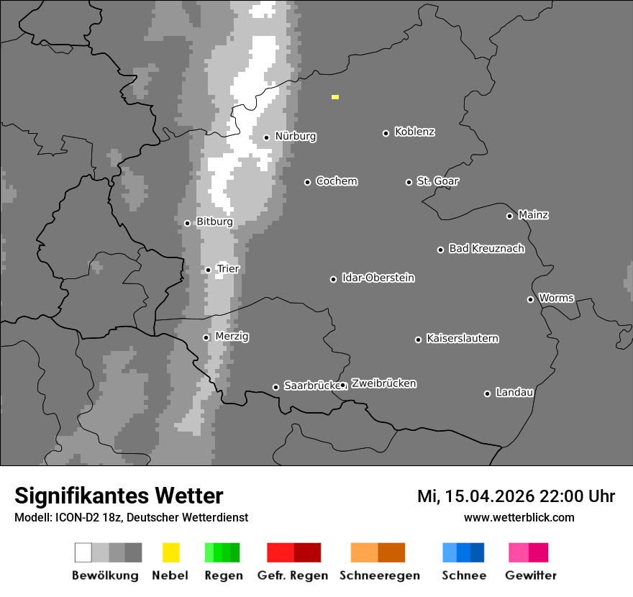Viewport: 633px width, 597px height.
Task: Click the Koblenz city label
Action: point(414,132)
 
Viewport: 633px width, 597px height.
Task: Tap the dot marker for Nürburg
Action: point(266,137)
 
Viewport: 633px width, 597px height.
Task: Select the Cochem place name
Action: point(336,181)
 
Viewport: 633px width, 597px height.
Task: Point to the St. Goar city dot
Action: point(409,182)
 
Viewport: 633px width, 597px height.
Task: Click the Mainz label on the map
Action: point(533,215)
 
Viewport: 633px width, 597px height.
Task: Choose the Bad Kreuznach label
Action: point(486,249)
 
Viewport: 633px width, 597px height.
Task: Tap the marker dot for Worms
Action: point(530,299)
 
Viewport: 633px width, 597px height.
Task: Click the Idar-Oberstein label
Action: point(378,278)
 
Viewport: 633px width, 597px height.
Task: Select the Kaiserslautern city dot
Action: point(418,339)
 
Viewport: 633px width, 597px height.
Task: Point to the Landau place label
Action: point(514,393)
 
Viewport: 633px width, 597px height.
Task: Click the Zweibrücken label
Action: point(383,383)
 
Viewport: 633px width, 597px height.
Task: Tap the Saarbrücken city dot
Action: point(275,387)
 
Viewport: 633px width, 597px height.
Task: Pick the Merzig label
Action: point(232,336)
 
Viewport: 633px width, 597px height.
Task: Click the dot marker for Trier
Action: point(208,270)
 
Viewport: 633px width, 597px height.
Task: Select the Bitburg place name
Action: point(214,222)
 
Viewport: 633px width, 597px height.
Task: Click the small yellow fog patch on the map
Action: point(335,96)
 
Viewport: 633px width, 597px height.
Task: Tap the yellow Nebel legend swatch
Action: point(170,552)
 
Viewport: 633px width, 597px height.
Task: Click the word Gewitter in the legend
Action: point(531,575)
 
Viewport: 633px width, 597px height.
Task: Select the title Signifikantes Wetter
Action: point(119,496)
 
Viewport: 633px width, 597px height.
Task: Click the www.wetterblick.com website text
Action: point(519,517)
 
